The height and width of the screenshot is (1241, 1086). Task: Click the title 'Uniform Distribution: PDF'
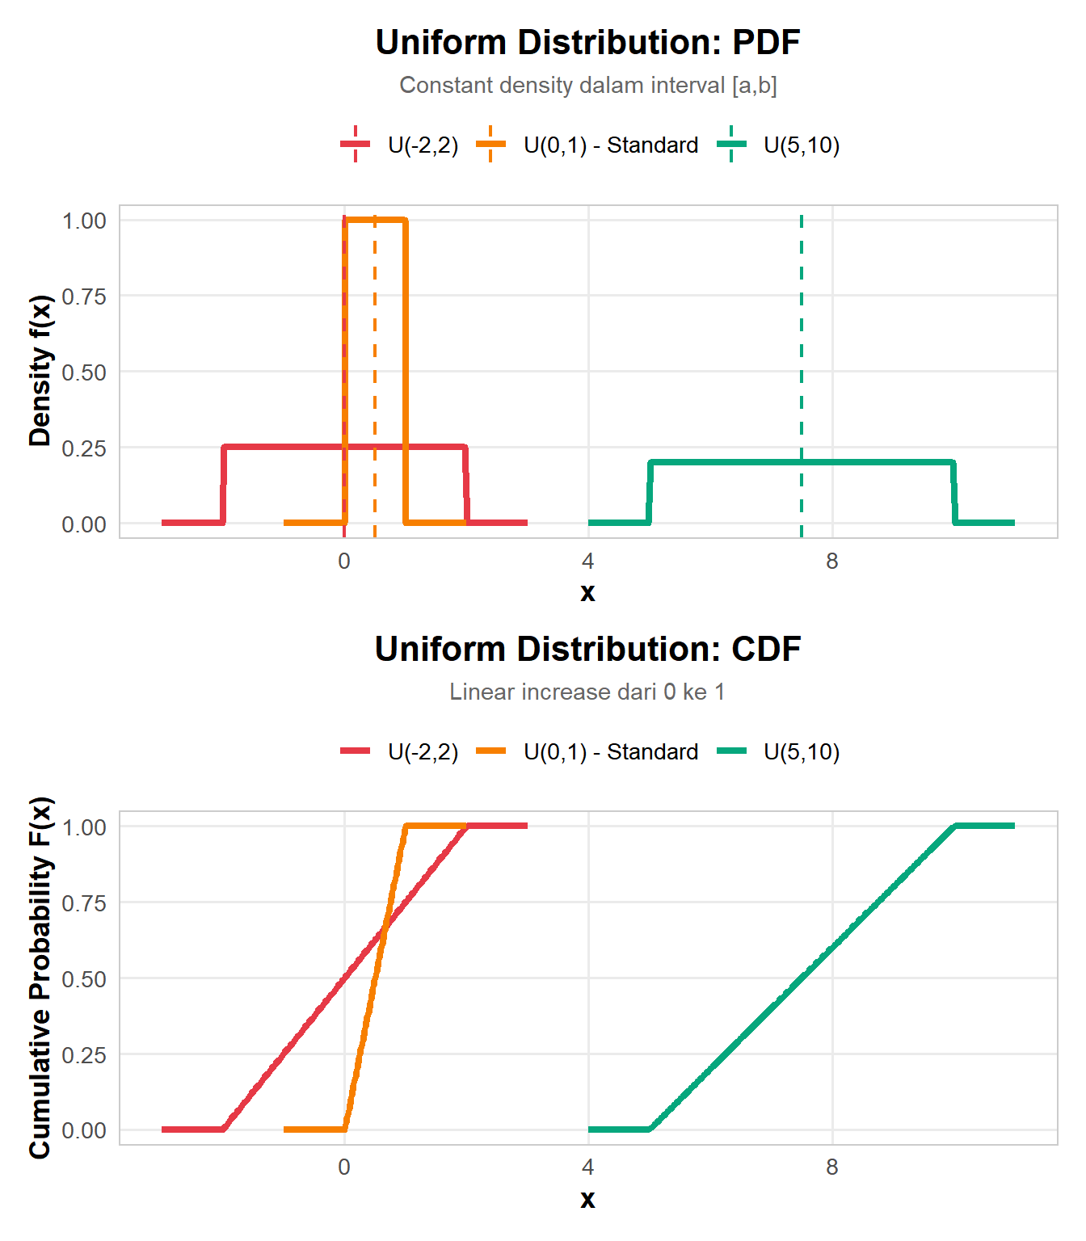(x=587, y=43)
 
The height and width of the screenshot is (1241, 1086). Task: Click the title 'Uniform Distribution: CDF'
(x=587, y=650)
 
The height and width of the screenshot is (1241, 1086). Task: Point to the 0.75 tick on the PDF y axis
(x=84, y=297)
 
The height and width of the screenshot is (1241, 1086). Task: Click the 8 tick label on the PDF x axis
(x=831, y=562)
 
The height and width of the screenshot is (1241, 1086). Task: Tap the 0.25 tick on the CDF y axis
(x=84, y=1055)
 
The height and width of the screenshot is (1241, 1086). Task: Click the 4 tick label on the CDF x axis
(x=587, y=1167)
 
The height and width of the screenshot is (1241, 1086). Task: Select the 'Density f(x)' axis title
(x=40, y=371)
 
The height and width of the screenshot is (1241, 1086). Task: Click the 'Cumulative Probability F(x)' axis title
(x=40, y=978)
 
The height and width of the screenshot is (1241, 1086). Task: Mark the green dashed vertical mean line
(x=801, y=339)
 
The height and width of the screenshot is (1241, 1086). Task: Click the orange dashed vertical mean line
(x=374, y=339)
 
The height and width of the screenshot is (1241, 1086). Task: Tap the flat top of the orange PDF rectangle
(x=375, y=219)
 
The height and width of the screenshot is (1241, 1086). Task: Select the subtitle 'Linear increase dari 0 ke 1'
(x=587, y=692)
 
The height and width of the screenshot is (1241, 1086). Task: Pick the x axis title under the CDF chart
(x=587, y=1199)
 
